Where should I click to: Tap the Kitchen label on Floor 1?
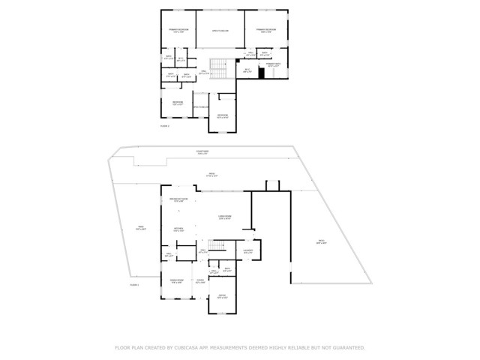(178, 229)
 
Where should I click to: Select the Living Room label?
(224, 218)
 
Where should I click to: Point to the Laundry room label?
(247, 251)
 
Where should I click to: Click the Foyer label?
(199, 282)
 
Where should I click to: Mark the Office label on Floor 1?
(222, 297)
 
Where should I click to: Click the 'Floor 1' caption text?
(135, 286)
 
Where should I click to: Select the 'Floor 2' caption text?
(165, 126)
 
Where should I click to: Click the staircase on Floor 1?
(217, 247)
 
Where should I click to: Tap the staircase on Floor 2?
(218, 68)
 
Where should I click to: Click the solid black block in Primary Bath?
(262, 72)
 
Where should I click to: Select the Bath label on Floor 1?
(226, 270)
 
